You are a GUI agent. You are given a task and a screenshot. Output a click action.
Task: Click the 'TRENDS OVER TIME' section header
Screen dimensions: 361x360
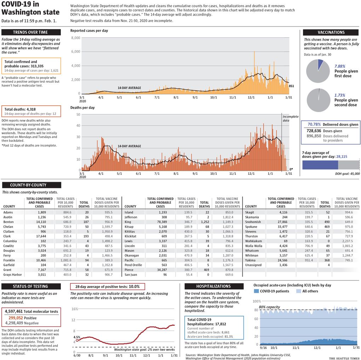tap(31, 32)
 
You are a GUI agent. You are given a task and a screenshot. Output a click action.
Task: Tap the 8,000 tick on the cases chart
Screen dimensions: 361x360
tap(75, 38)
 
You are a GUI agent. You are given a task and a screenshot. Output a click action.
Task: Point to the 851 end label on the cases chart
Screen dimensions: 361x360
tap(291, 86)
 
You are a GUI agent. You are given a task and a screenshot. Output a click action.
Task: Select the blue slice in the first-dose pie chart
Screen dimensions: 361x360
tap(320, 64)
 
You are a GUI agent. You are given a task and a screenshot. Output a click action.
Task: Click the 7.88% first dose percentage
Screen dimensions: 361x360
tap(340, 66)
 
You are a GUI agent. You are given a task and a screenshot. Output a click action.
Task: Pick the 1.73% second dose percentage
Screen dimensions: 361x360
tap(340, 95)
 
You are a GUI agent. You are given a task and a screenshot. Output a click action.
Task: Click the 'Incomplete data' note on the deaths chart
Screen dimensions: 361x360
tap(290, 118)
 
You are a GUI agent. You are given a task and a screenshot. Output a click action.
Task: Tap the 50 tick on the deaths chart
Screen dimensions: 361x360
tap(78, 115)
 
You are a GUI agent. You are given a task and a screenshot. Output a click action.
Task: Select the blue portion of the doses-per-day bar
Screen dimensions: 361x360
tap(320, 165)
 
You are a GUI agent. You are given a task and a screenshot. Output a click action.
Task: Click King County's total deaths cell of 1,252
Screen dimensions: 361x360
tap(205, 222)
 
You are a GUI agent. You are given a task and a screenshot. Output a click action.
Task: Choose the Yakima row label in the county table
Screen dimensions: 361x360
tap(250, 260)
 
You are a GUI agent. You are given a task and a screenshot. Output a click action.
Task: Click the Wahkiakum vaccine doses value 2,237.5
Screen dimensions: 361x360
tap(347, 241)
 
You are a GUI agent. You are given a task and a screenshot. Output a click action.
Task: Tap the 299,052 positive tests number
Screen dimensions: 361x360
tap(16, 318)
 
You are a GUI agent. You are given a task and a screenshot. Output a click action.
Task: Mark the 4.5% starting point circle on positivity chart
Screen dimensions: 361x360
tap(77, 340)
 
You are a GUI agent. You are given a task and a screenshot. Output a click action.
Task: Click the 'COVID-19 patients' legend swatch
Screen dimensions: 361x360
tap(256, 291)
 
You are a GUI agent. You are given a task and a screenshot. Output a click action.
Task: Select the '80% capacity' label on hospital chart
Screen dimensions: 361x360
tap(269, 307)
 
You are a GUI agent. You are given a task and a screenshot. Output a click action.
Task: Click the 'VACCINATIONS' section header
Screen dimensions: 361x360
tap(331, 32)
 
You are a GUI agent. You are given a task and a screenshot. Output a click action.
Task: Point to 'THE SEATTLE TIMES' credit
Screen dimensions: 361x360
tap(344, 358)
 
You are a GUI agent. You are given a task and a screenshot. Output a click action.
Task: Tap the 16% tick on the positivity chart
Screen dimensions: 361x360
tap(75, 309)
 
